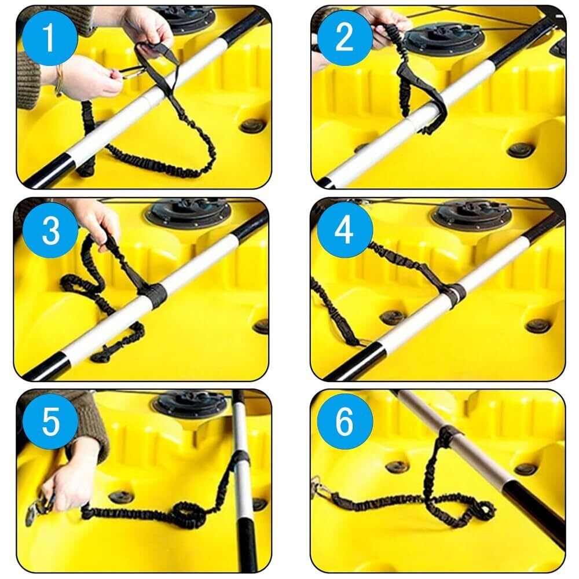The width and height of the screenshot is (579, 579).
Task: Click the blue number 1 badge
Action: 50,38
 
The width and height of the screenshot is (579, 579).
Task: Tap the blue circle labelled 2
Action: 345,38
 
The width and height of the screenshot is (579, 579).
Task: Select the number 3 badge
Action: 50,230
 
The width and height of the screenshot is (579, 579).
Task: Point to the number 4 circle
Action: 345,230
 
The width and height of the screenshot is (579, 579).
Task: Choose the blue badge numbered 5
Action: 50,422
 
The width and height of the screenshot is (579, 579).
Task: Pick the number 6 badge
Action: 345,422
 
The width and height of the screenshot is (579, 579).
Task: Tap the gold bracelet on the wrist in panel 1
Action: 59,80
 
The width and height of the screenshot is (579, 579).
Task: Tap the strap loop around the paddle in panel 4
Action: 456,295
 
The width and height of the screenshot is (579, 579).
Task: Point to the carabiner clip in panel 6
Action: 321,487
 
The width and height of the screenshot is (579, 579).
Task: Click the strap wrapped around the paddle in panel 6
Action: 448,436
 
